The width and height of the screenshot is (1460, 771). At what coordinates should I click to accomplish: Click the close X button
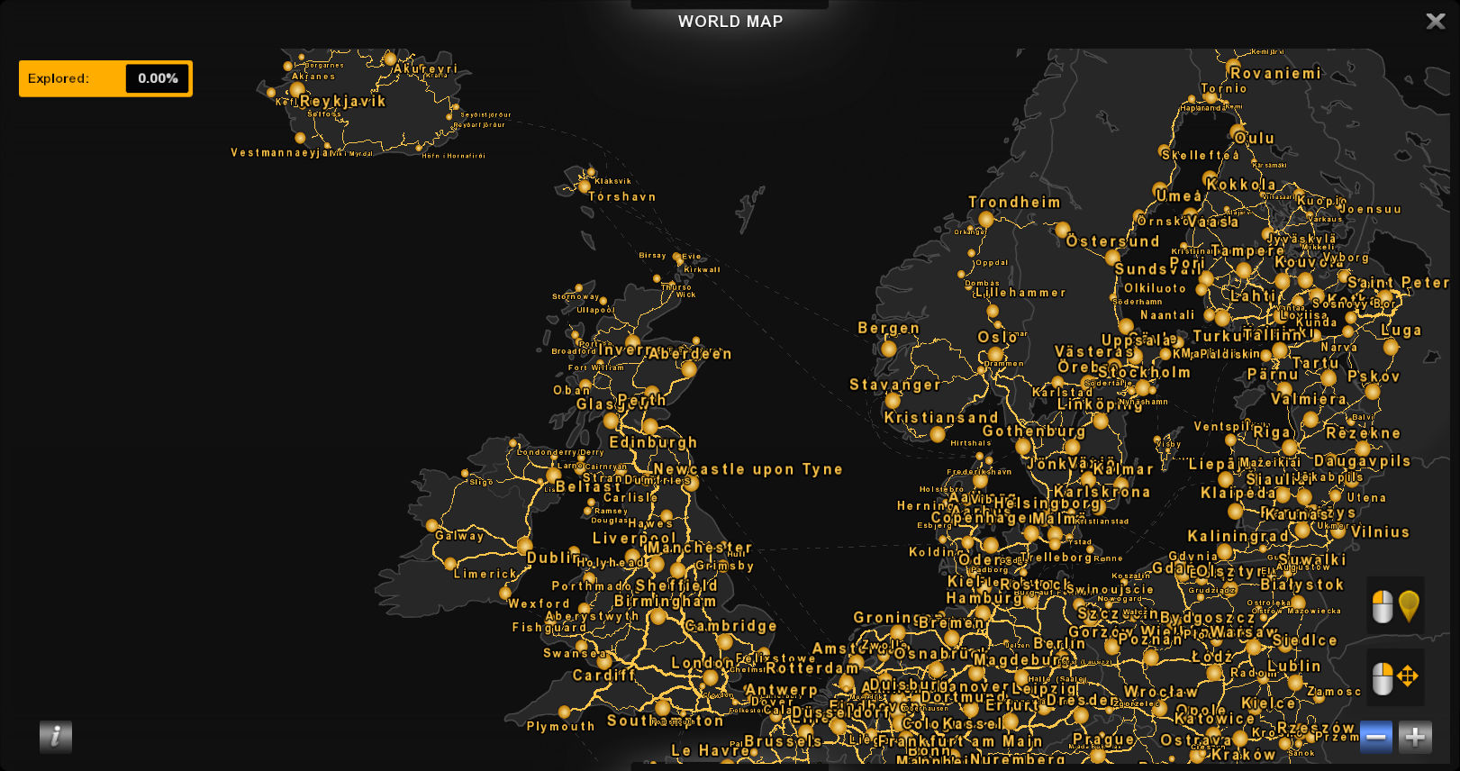tap(1435, 21)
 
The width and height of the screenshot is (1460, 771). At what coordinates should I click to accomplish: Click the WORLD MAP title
tap(730, 22)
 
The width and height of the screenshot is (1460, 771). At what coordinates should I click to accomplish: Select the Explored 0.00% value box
tap(158, 78)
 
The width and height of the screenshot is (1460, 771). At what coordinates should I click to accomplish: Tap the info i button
tap(55, 737)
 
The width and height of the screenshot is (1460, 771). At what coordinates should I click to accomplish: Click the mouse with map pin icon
tap(1395, 606)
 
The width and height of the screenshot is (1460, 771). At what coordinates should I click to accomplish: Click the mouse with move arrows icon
tap(1395, 677)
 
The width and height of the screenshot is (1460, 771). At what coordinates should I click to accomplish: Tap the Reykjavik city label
tap(342, 101)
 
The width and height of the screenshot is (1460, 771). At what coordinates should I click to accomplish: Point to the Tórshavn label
tap(621, 196)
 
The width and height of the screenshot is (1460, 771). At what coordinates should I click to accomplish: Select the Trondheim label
tap(1014, 202)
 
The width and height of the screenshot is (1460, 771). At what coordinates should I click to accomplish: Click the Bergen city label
tap(888, 328)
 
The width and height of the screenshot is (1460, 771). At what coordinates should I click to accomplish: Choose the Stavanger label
tap(894, 385)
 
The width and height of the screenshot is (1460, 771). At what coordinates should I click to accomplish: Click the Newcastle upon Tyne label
tap(748, 469)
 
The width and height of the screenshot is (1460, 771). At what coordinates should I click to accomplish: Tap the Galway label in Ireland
tap(459, 535)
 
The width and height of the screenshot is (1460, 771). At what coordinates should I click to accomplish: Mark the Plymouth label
tap(560, 726)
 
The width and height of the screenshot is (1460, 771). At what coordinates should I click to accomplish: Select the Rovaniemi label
tap(1275, 74)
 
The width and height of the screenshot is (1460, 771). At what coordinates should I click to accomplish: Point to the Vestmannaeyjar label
tap(280, 152)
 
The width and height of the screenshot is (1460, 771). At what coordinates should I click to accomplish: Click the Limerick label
tap(485, 574)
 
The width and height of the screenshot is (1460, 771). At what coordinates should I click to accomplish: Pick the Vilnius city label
tap(1379, 532)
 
